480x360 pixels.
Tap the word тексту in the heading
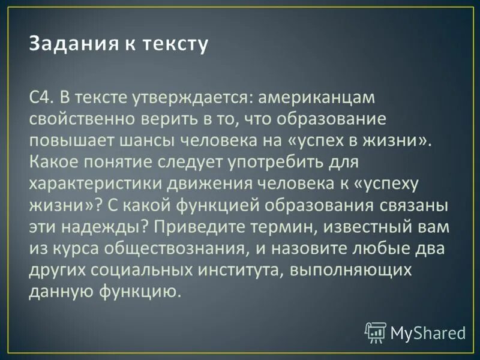point(175,44)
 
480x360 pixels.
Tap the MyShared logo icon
point(375,332)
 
